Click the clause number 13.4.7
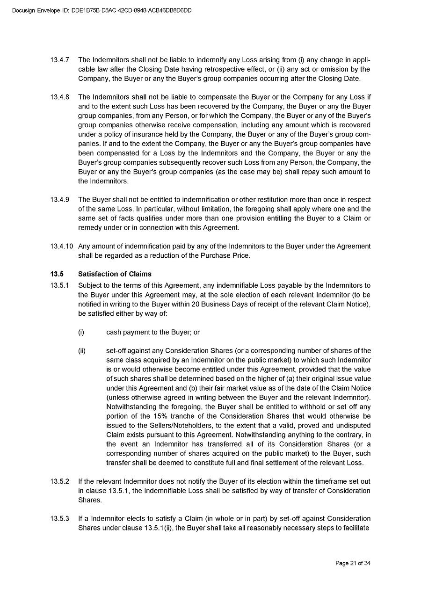[60, 60]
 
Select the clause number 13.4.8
[60, 97]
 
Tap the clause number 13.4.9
[60, 200]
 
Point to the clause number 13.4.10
[62, 246]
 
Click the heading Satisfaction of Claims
[115, 274]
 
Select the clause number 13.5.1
[60, 285]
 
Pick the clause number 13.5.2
[60, 481]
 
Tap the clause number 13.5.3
[60, 518]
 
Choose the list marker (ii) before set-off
[82, 351]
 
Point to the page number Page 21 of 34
[353, 563]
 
